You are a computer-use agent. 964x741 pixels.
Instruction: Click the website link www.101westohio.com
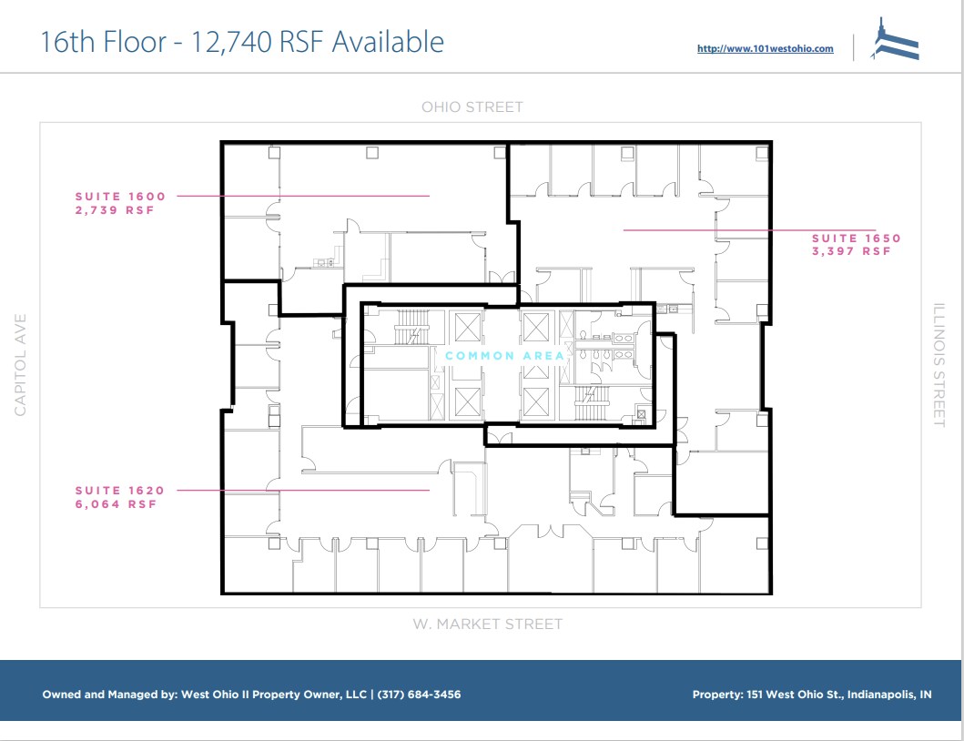(x=765, y=49)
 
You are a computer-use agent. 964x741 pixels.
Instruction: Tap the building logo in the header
(x=896, y=41)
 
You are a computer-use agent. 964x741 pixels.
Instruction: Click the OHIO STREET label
(x=472, y=107)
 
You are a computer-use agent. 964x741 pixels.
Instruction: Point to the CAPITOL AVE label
(x=20, y=364)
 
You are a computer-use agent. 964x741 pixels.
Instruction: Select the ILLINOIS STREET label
(x=939, y=364)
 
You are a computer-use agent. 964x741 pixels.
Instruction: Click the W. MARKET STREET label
(x=487, y=624)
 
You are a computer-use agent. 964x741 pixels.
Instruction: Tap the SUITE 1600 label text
(x=120, y=196)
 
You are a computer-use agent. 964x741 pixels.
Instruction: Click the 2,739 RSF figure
(x=114, y=209)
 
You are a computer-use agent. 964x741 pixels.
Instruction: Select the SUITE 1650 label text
(x=856, y=239)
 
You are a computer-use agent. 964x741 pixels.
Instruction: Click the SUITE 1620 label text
(x=120, y=491)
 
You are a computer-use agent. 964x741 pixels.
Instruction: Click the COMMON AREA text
(x=504, y=356)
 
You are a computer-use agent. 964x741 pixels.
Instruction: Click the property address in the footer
(x=812, y=695)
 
